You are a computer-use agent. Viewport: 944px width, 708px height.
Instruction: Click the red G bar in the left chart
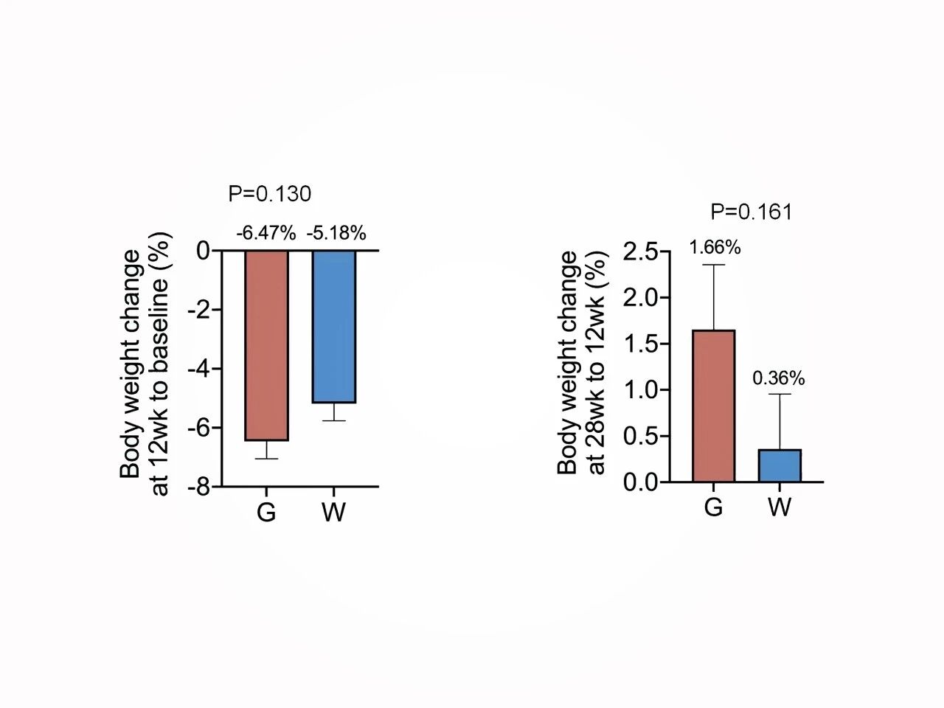pyautogui.click(x=266, y=345)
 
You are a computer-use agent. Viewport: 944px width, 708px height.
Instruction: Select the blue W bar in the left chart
pyautogui.click(x=333, y=327)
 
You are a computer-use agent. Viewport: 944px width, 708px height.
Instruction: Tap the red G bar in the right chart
pyautogui.click(x=713, y=406)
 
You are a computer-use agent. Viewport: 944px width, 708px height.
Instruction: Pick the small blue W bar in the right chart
pyautogui.click(x=780, y=465)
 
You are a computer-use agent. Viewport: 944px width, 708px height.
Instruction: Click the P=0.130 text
pyautogui.click(x=270, y=194)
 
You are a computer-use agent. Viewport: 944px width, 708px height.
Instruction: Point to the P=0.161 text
pyautogui.click(x=752, y=212)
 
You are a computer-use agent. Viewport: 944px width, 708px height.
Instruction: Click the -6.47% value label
pyautogui.click(x=266, y=234)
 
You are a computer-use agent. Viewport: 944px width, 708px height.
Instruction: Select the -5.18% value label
pyautogui.click(x=336, y=234)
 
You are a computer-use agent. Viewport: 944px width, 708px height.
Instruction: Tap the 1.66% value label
pyautogui.click(x=715, y=247)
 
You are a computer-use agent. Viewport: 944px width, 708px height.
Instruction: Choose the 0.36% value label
pyautogui.click(x=779, y=378)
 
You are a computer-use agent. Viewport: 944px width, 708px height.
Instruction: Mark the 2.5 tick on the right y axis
pyautogui.click(x=641, y=251)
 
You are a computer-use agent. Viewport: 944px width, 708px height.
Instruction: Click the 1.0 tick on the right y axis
pyautogui.click(x=641, y=389)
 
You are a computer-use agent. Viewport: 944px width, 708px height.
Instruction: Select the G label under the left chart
pyautogui.click(x=266, y=512)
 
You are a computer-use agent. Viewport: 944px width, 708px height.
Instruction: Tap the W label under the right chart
pyautogui.click(x=780, y=507)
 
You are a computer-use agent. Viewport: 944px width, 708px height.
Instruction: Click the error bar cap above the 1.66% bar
pyautogui.click(x=713, y=264)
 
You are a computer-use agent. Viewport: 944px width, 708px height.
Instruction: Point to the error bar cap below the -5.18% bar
pyautogui.click(x=333, y=420)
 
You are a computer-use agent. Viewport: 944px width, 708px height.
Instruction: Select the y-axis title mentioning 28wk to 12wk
pyautogui.click(x=582, y=363)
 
